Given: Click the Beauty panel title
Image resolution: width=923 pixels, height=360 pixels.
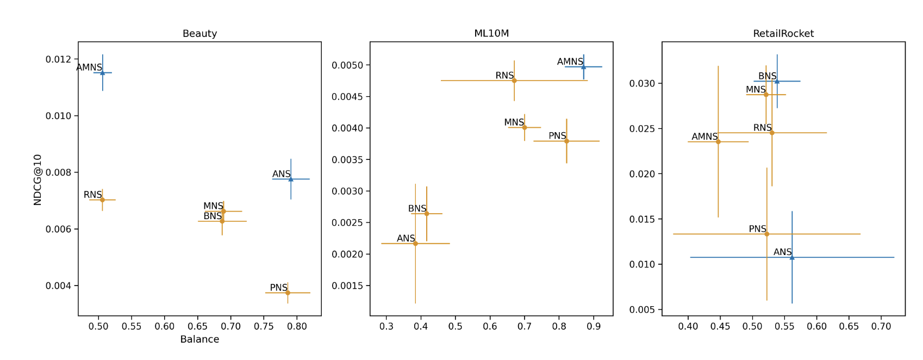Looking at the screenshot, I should [x=199, y=34].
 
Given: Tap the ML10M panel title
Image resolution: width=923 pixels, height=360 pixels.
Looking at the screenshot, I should [x=491, y=34].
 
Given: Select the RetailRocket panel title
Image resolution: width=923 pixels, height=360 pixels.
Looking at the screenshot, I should [x=783, y=34].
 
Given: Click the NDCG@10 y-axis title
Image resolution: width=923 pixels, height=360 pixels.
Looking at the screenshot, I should [x=38, y=179].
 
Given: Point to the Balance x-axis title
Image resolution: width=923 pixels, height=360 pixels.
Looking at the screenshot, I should [x=199, y=339].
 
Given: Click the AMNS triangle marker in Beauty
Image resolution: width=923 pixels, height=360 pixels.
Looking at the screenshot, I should [x=102, y=72].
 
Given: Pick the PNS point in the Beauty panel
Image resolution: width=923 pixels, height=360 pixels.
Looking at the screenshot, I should [x=288, y=293].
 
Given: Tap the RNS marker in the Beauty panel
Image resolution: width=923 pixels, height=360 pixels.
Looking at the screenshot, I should [x=102, y=200].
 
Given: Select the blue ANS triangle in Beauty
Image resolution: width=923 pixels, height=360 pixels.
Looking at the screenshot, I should [x=291, y=179].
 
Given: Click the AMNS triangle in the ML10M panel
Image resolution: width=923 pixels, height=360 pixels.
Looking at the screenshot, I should [x=583, y=67].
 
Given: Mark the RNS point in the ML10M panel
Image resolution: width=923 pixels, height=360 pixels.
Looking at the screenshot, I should [x=514, y=80].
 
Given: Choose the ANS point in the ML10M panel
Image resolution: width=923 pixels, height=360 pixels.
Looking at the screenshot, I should [x=415, y=244].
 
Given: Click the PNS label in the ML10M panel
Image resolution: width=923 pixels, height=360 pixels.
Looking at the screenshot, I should [x=557, y=136].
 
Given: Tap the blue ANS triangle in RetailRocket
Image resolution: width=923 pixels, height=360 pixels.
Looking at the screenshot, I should [x=792, y=257].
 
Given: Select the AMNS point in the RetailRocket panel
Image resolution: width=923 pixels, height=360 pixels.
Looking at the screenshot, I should [x=718, y=141].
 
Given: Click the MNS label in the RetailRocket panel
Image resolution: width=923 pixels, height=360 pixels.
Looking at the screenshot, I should [x=756, y=90].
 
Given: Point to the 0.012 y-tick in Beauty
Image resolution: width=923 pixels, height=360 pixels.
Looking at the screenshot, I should [x=59, y=59].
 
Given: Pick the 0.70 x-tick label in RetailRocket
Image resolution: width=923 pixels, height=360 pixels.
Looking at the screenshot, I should [x=881, y=326].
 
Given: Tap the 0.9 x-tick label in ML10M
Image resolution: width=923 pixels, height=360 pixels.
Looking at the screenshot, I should [x=594, y=326].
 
